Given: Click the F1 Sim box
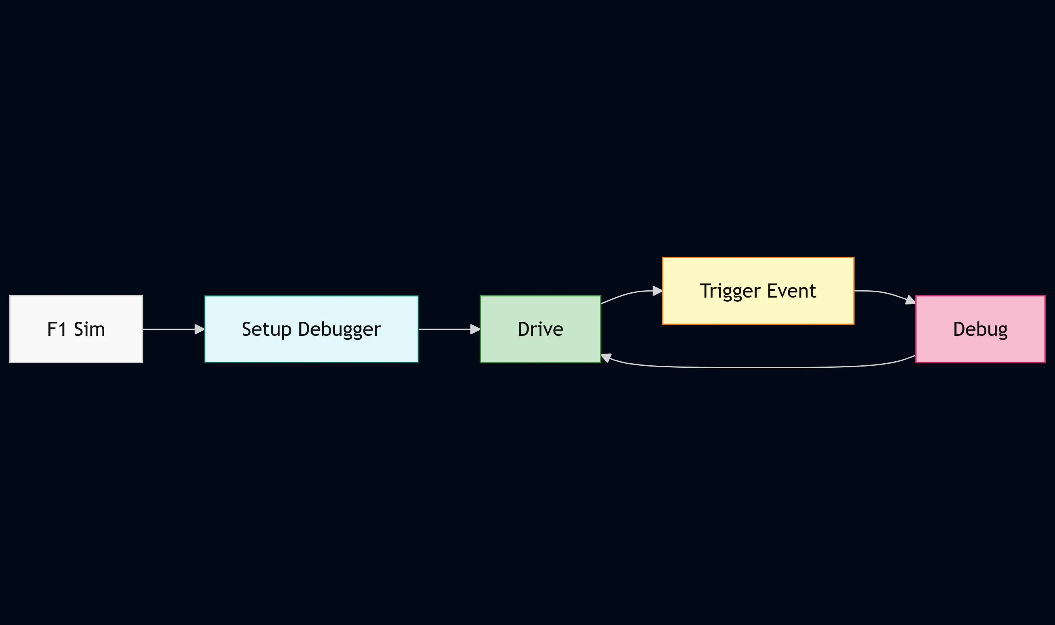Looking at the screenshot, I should (x=76, y=329).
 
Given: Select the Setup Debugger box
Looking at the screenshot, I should (x=311, y=329).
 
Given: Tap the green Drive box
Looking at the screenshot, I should (x=540, y=329).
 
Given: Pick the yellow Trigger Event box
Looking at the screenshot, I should (x=758, y=291).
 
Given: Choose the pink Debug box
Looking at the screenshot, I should (x=980, y=329).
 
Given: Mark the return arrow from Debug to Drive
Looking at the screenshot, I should (x=759, y=368).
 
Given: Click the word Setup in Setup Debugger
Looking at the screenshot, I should (x=266, y=329).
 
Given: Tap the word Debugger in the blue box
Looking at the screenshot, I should (x=340, y=329).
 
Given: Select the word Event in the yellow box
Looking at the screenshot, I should (x=791, y=291).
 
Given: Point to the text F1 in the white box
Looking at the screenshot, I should (x=57, y=329).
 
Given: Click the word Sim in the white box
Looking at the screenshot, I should (x=89, y=329).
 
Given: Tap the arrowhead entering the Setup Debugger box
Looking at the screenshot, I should (x=199, y=329).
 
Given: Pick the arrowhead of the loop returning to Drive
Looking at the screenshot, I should (x=606, y=358).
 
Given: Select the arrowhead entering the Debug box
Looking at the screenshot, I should (x=910, y=301).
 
